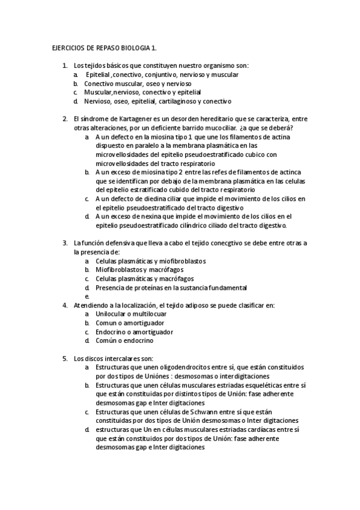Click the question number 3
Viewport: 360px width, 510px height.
tap(65, 244)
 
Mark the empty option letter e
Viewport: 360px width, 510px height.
tap(87, 296)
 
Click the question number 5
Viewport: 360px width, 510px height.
tap(65, 358)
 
